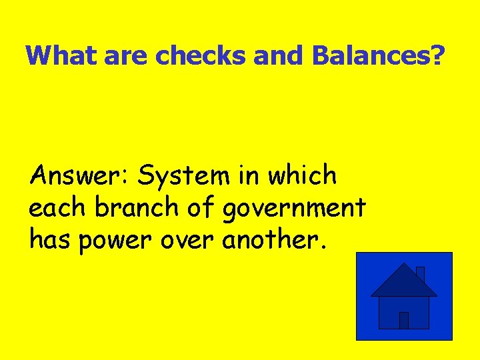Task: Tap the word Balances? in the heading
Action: [x=377, y=55]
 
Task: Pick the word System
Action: [x=180, y=177]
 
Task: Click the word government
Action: [x=294, y=209]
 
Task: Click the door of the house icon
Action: [x=403, y=320]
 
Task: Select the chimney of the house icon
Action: [x=420, y=273]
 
